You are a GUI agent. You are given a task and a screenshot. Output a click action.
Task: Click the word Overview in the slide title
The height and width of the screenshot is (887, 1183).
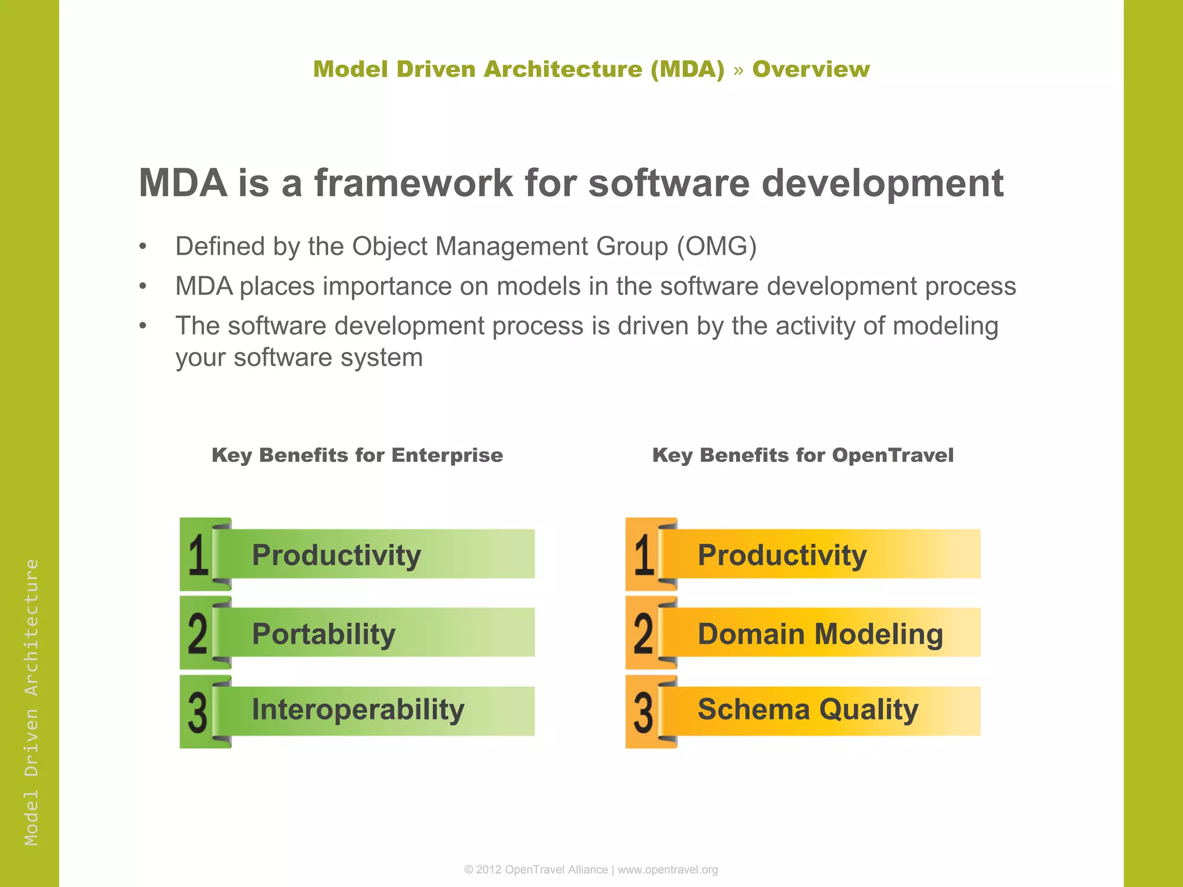[810, 69]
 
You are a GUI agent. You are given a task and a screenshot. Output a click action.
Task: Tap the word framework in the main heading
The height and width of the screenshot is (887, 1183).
[413, 183]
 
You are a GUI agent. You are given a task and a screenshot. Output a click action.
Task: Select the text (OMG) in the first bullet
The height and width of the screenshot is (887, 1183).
[716, 247]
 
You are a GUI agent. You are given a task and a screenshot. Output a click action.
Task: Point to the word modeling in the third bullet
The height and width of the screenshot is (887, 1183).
[945, 326]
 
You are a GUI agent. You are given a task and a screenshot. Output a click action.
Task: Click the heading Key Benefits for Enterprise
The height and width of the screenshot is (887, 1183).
[357, 455]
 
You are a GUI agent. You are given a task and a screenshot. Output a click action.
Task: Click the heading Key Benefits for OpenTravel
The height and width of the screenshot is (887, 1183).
[802, 455]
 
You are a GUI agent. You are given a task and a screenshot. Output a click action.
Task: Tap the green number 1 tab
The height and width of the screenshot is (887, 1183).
[199, 554]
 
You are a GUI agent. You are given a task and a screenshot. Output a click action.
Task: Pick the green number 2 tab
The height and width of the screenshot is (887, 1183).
[198, 633]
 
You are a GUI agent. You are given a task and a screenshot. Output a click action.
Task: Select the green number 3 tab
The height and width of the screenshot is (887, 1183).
[198, 712]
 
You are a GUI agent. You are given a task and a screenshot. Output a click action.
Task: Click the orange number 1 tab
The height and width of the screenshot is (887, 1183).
[645, 554]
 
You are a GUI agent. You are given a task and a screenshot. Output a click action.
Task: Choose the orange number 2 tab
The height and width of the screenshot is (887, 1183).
[644, 633]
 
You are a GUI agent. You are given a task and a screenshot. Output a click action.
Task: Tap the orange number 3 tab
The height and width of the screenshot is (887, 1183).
[644, 712]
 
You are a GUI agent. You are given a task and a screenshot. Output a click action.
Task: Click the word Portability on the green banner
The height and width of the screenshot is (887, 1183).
[323, 634]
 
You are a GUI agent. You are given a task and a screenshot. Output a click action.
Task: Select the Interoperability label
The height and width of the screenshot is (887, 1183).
[358, 710]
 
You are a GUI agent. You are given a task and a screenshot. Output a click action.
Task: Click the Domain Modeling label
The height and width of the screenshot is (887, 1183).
[820, 634]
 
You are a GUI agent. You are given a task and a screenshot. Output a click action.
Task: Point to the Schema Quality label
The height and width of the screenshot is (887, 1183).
[808, 710]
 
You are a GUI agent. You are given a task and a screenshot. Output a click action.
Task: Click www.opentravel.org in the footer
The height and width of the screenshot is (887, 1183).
[668, 870]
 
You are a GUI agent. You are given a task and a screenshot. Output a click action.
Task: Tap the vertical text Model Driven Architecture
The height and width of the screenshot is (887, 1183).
[31, 702]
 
